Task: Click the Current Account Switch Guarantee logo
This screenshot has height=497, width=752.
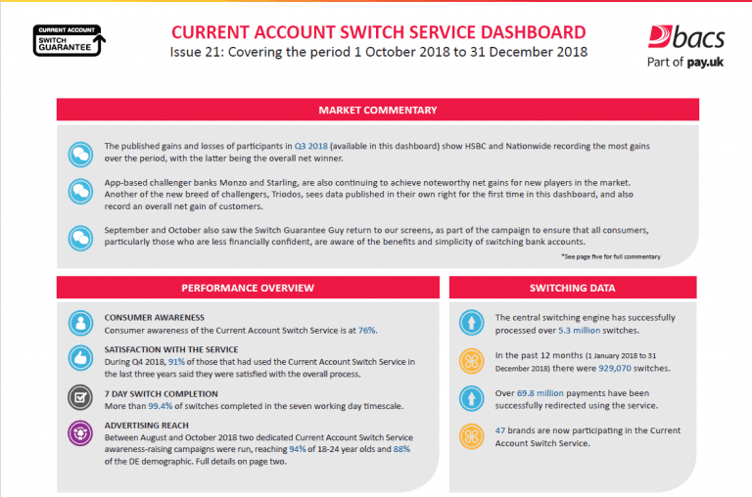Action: click(x=70, y=40)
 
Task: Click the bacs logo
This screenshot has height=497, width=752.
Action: click(x=685, y=47)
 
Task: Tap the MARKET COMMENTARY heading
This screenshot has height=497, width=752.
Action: click(x=377, y=111)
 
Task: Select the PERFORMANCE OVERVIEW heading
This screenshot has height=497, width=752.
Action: click(x=248, y=288)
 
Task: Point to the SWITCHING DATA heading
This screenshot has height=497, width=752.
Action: click(x=572, y=288)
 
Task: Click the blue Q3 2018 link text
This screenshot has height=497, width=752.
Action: click(x=310, y=146)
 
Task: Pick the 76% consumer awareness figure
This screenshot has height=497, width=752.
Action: click(x=367, y=331)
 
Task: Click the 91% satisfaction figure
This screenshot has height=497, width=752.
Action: click(x=176, y=362)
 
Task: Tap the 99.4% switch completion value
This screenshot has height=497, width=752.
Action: click(x=161, y=406)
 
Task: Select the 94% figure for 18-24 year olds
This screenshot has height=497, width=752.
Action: click(x=298, y=449)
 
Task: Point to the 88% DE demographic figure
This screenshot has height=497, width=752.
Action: click(x=401, y=449)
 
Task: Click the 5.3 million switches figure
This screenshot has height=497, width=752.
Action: click(x=579, y=331)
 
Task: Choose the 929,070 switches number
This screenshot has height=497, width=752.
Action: click(x=615, y=368)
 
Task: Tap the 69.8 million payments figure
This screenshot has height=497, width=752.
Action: click(x=540, y=393)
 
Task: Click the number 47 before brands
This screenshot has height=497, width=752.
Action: click(x=500, y=430)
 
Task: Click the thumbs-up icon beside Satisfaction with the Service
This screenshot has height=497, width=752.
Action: click(x=80, y=358)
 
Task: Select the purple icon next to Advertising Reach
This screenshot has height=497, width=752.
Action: click(x=80, y=433)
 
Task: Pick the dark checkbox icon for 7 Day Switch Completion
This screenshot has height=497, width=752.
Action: click(x=80, y=397)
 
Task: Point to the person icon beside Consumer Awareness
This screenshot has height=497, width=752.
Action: click(x=80, y=323)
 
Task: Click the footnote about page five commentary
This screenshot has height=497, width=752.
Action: click(x=611, y=257)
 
